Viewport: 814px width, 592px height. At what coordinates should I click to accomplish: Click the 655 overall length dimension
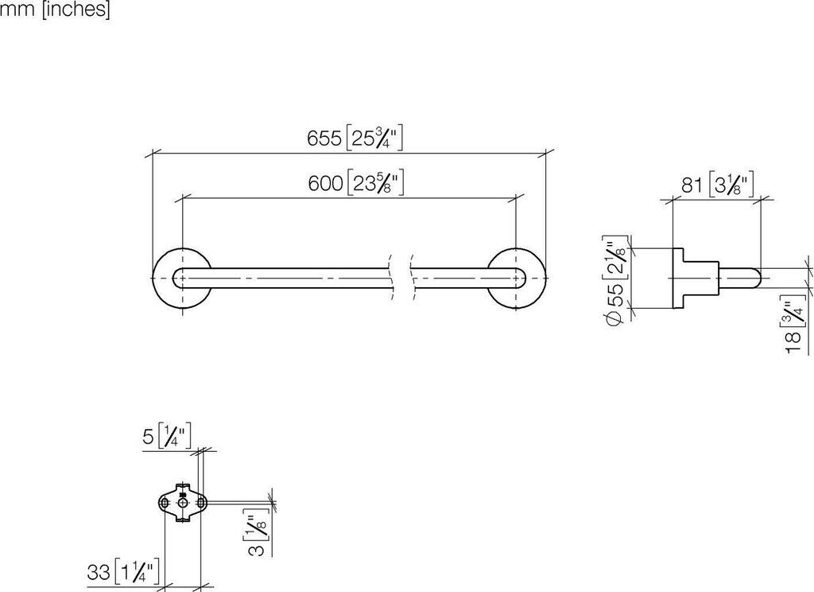click(324, 138)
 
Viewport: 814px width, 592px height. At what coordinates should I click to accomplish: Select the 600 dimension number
click(325, 184)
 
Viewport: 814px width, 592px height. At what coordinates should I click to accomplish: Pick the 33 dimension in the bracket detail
click(98, 571)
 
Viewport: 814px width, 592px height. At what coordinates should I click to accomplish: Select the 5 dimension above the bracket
click(149, 436)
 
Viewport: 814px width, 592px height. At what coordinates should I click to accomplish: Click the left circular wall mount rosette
click(182, 278)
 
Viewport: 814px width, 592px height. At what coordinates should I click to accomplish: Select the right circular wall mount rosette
click(516, 278)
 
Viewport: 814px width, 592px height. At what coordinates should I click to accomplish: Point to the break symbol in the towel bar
click(401, 278)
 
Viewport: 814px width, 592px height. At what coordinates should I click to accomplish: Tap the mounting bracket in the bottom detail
click(183, 504)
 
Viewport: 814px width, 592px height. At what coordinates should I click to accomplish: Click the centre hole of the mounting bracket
click(183, 504)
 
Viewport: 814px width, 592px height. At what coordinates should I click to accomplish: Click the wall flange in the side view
click(680, 278)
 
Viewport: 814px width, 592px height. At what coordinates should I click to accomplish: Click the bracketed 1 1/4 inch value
click(138, 571)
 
